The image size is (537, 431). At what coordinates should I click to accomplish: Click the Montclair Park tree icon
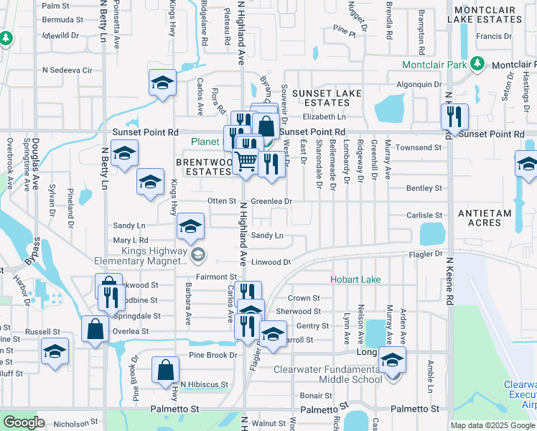point(477,65)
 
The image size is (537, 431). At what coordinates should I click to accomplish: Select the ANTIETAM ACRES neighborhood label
point(473,218)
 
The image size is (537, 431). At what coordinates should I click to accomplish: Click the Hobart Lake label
point(355,279)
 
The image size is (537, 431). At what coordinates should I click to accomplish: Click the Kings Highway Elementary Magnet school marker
point(197,253)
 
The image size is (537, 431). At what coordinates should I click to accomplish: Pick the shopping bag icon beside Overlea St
point(95,329)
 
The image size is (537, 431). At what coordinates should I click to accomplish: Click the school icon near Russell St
point(55,351)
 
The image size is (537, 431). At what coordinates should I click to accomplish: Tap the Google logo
point(24,422)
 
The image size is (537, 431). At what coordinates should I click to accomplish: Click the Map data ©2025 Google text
point(492,425)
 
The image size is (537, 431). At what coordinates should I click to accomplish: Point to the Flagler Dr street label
point(428,254)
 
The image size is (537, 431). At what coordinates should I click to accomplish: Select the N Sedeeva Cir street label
point(68,70)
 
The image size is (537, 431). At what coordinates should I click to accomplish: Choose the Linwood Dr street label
point(270,262)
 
